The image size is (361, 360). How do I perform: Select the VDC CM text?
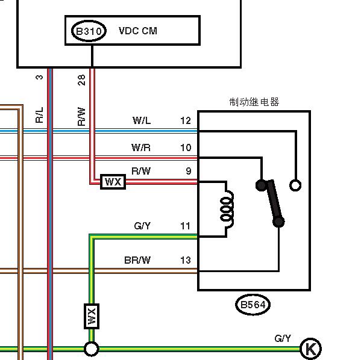tap(138, 31)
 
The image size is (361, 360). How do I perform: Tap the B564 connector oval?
tap(253, 305)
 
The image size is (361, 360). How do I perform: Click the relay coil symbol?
tap(227, 209)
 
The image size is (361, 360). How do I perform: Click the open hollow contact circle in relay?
tap(295, 185)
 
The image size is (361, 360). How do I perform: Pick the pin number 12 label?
tap(186, 120)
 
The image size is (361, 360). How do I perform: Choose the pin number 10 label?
tap(186, 147)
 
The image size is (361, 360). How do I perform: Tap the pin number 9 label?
tap(189, 171)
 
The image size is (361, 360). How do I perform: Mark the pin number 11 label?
tap(186, 226)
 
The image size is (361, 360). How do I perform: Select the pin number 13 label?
tap(186, 260)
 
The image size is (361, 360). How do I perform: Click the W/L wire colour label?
tap(142, 120)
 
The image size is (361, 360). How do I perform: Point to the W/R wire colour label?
tap(141, 147)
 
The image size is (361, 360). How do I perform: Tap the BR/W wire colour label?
tap(137, 260)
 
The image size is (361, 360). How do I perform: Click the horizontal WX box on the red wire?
tap(113, 182)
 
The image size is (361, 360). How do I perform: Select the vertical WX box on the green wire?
tap(92, 316)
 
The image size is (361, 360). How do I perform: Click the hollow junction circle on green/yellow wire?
tap(92, 349)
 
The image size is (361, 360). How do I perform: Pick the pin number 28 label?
tap(81, 80)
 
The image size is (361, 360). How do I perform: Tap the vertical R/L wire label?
tap(39, 115)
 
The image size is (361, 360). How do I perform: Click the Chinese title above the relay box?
tap(254, 102)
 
